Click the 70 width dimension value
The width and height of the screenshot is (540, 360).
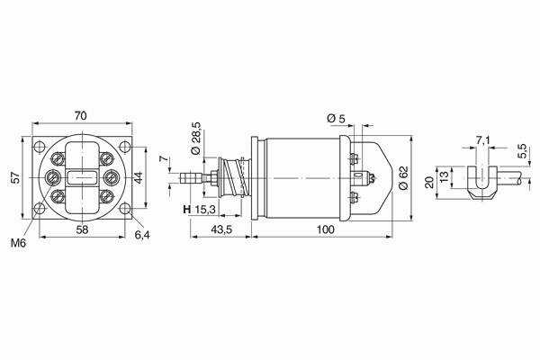pyautogui.click(x=80, y=116)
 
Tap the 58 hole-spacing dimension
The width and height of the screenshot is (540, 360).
pyautogui.click(x=82, y=229)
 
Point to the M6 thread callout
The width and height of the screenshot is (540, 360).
pyautogui.click(x=18, y=243)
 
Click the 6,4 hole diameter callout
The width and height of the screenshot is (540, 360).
pyautogui.click(x=142, y=235)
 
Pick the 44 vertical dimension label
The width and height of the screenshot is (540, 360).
pyautogui.click(x=138, y=178)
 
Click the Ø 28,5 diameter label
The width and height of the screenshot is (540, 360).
pyautogui.click(x=195, y=138)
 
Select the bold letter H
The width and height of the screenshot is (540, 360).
pyautogui.click(x=186, y=209)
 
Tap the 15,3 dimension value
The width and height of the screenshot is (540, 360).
pyautogui.click(x=205, y=209)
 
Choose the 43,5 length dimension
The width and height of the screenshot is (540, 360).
pyautogui.click(x=221, y=229)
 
